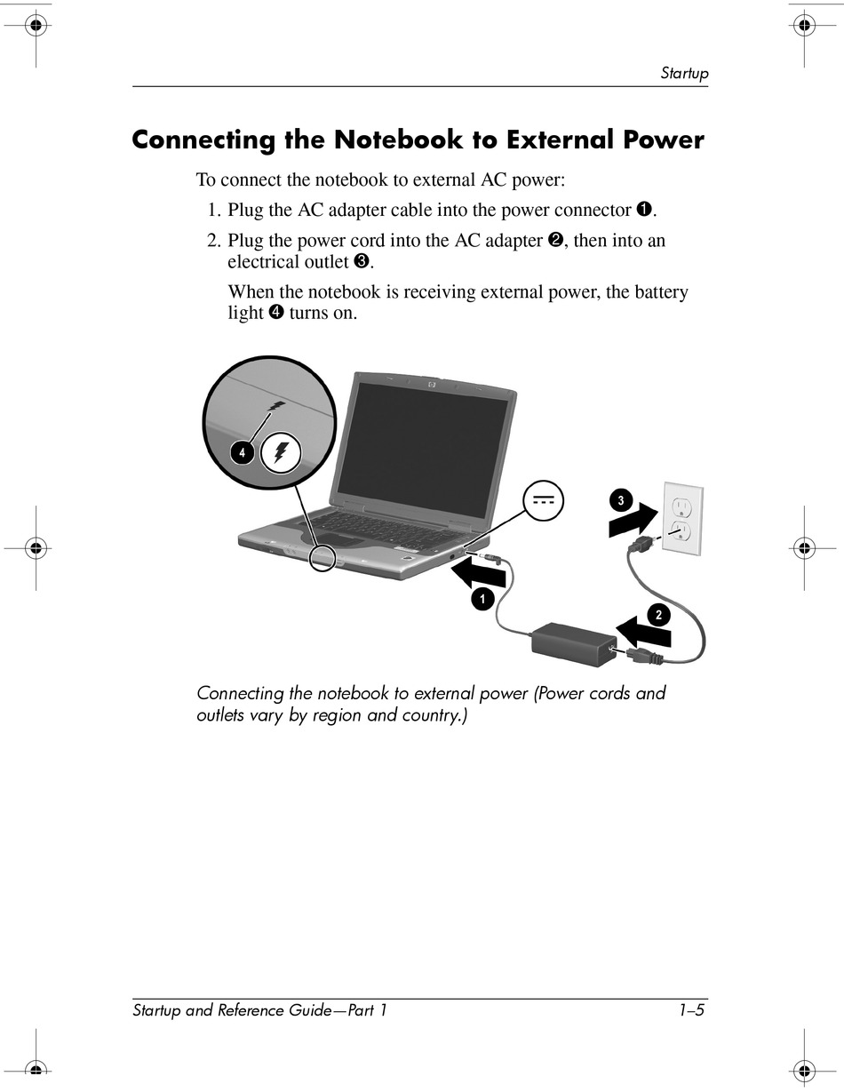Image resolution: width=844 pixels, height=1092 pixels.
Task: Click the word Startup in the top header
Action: pos(684,73)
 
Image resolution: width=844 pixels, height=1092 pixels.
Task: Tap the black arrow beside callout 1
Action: pos(478,574)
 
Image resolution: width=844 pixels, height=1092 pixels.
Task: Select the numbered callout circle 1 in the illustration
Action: pos(482,600)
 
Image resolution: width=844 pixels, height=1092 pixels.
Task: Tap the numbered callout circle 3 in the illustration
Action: pos(621,500)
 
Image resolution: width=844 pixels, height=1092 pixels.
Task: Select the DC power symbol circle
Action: pos(544,501)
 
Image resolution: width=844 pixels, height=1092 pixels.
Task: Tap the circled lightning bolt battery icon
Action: pos(281,454)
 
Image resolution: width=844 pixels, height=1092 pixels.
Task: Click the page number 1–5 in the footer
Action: pos(692,1010)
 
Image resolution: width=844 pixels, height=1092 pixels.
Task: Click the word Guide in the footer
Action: pos(313,1010)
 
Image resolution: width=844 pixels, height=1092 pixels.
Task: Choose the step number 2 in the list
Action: pos(213,241)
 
